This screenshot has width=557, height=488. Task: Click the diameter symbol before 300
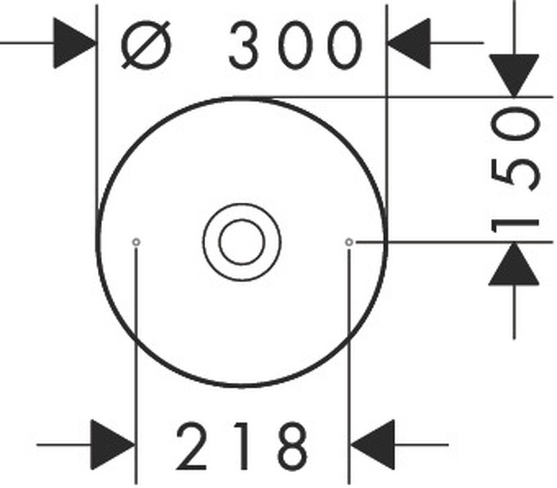click(146, 45)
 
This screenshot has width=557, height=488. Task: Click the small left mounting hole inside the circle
click(136, 242)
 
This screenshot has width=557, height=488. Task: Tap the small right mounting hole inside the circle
click(349, 242)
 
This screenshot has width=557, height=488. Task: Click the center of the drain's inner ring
click(242, 242)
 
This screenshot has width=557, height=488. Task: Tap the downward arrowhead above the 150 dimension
click(514, 74)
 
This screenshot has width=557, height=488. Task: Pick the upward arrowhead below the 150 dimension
click(514, 265)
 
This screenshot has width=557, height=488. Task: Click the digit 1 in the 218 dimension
click(242, 447)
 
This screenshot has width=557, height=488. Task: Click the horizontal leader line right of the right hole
click(455, 242)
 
